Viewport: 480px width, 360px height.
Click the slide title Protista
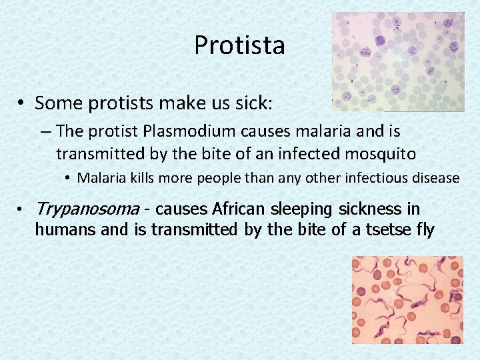pos(239,45)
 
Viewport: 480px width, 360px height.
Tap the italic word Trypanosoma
pos(87,209)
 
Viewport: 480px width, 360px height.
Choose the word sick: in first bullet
pos(271,103)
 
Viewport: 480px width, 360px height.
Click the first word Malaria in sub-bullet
pos(99,178)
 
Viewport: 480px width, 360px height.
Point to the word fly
pos(424,230)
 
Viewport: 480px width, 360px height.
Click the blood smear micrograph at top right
pos(399,61)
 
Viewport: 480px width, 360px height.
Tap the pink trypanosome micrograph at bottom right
pos(407,300)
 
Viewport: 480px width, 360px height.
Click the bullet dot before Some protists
pos(22,104)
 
